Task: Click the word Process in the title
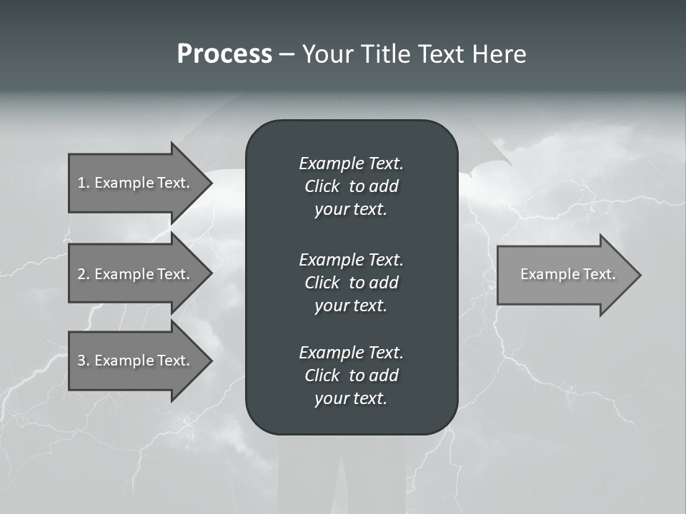click(224, 54)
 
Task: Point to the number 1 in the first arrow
click(81, 183)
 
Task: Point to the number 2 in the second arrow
click(81, 274)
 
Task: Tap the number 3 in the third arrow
click(81, 361)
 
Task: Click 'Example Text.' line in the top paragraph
click(351, 163)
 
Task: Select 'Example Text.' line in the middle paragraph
click(351, 259)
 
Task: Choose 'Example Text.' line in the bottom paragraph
click(351, 353)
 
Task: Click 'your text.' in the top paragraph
click(351, 210)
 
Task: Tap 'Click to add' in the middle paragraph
click(351, 283)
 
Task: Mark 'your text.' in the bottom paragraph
click(351, 399)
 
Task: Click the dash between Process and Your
click(287, 55)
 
